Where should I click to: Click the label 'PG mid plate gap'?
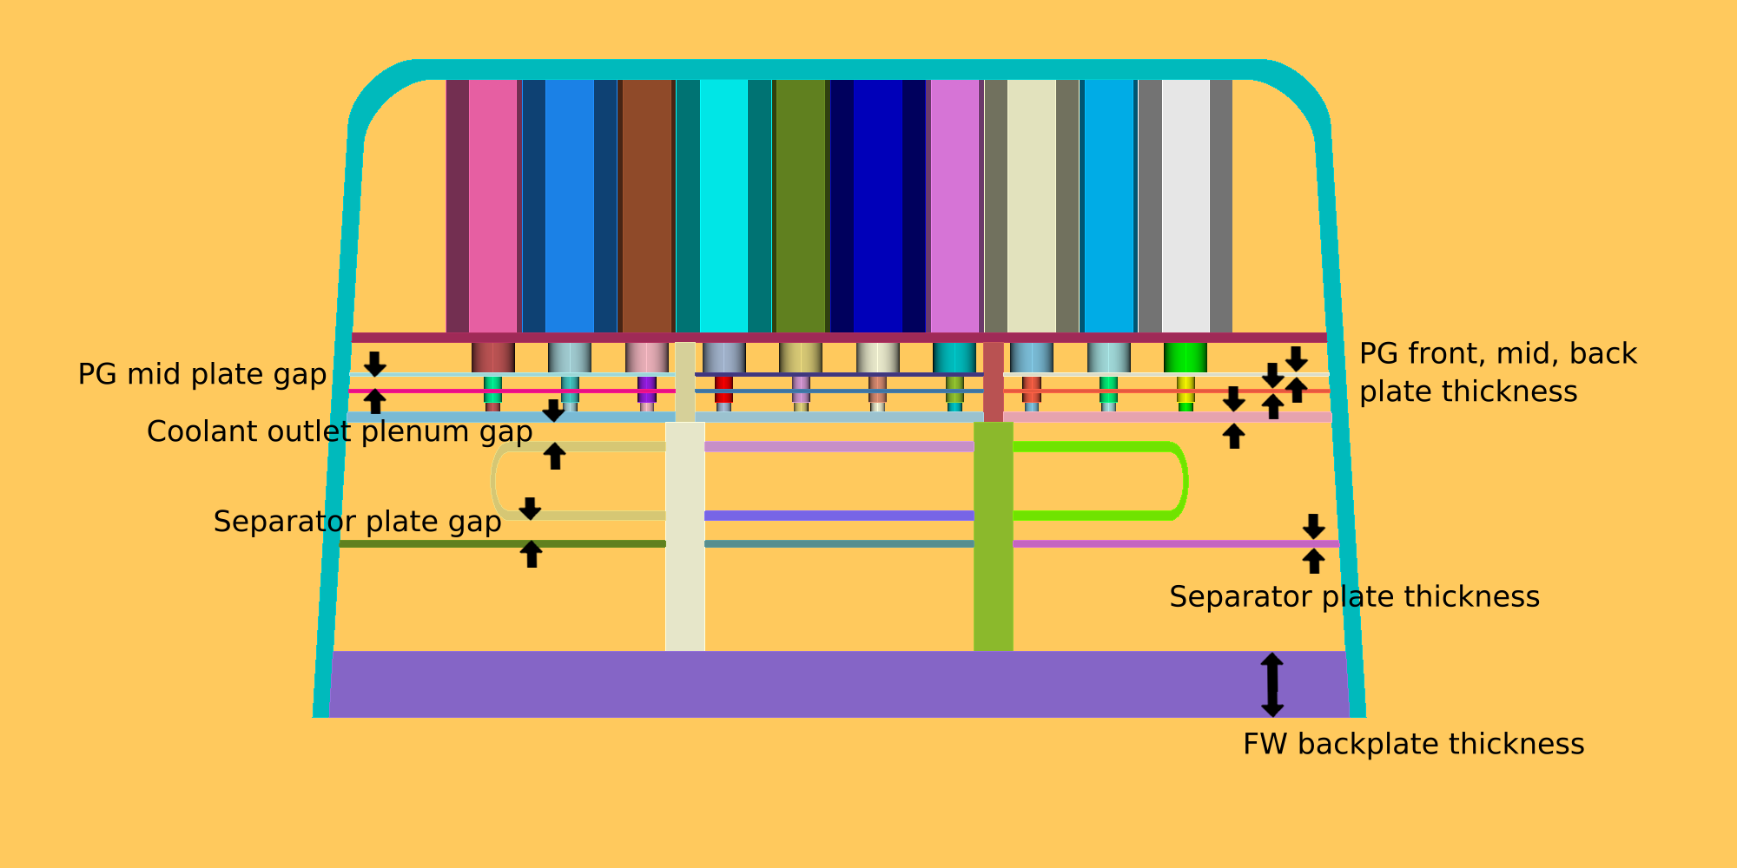[x=201, y=374]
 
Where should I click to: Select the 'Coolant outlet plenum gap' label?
[x=339, y=431]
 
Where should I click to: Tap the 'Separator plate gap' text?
[x=357, y=522]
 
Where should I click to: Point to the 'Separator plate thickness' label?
[x=1354, y=597]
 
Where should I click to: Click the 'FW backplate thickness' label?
[x=1413, y=745]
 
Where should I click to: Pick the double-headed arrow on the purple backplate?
[x=1272, y=685]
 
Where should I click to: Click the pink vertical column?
[x=492, y=206]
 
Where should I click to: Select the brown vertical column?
[x=647, y=206]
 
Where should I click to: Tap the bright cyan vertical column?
[x=723, y=206]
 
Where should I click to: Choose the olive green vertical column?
[x=800, y=206]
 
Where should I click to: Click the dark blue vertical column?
[x=877, y=206]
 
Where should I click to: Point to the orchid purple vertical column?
[x=954, y=206]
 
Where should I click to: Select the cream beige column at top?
[x=1031, y=206]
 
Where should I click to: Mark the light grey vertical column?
[x=1186, y=206]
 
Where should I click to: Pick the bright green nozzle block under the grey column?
[x=1186, y=358]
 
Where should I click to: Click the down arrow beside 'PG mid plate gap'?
[x=374, y=364]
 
